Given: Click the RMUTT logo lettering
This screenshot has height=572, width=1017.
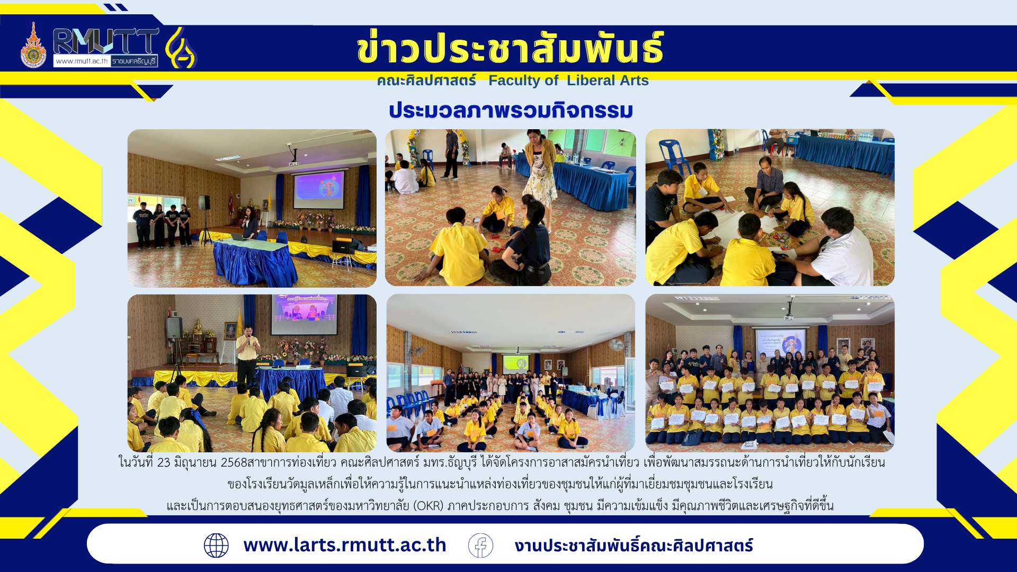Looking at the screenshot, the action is click(106, 41).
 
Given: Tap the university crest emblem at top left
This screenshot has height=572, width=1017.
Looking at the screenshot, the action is click(33, 46).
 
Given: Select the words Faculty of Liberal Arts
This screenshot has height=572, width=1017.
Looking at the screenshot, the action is click(568, 81).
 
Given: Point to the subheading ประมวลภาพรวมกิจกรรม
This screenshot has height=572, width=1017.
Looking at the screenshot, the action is click(511, 110).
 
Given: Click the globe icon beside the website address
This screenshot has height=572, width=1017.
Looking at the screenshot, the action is click(216, 546).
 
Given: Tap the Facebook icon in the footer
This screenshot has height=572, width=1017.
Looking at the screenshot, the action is click(480, 546).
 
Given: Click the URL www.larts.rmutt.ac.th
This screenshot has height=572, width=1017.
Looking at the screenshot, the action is click(345, 545).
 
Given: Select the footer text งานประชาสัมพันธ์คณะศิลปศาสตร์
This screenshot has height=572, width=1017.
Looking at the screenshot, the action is click(634, 546).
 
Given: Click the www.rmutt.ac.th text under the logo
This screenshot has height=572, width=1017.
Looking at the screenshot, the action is click(82, 61).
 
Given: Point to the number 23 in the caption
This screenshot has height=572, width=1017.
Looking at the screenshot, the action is click(164, 462).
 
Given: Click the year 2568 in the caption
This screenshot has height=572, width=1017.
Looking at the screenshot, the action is click(234, 462).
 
